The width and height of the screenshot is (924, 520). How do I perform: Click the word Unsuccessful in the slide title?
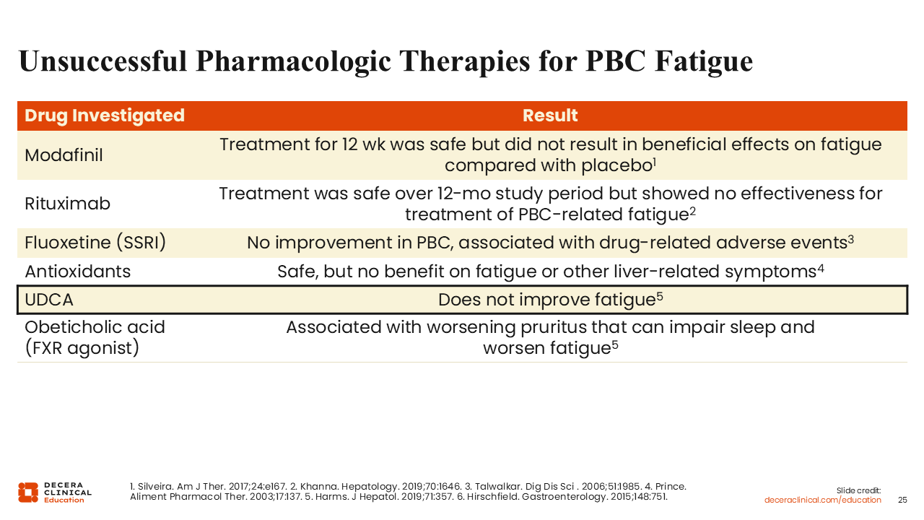pos(103,61)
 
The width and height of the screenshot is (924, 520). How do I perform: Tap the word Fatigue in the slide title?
pos(704,62)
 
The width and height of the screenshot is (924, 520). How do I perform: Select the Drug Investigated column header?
pos(105,116)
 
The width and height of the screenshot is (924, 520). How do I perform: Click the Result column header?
pos(550,116)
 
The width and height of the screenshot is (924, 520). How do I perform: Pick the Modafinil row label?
pos(64,155)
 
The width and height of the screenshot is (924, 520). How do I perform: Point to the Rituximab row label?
pos(67,204)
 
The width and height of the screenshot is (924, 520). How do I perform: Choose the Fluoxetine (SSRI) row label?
pos(95,242)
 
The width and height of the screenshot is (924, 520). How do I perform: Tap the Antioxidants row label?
pos(77,272)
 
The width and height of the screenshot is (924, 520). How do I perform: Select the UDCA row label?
pos(49,300)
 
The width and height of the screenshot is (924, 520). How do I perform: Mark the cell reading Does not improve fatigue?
pos(550,300)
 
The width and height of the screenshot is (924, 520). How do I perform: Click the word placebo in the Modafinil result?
pos(617,166)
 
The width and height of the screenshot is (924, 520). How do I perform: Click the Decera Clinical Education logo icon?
pos(28,493)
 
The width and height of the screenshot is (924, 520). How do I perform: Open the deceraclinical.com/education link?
pos(822,500)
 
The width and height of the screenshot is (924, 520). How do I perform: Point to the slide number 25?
pos(902,500)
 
